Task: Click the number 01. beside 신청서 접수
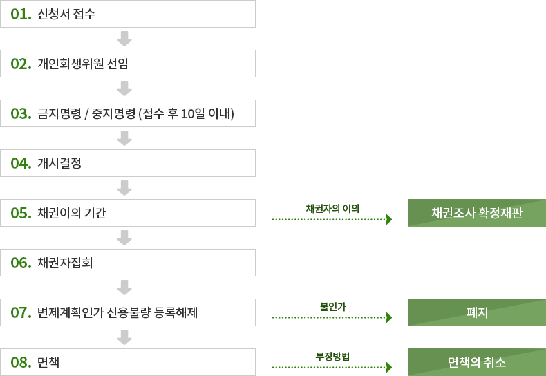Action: coord(21,14)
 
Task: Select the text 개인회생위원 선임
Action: coord(83,64)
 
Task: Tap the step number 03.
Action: coord(21,113)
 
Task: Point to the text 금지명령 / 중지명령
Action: coord(86,113)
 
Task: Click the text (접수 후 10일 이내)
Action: coord(187,113)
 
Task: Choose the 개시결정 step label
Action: coord(60,163)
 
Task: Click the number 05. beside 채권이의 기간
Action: coord(21,213)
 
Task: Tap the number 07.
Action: coord(21,312)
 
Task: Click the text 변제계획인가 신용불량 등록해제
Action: coord(118,312)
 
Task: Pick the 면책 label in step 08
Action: coord(48,362)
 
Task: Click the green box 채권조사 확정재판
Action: coord(476,213)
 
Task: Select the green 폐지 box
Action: coord(476,312)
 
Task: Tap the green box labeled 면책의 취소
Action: coord(476,362)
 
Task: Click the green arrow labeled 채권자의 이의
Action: coord(333,219)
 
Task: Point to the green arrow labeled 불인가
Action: coord(333,318)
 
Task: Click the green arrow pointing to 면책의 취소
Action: coord(333,367)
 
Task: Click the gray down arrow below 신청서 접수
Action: coord(124,38)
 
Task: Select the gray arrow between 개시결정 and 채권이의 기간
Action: coord(124,187)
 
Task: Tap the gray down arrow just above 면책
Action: coord(124,337)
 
